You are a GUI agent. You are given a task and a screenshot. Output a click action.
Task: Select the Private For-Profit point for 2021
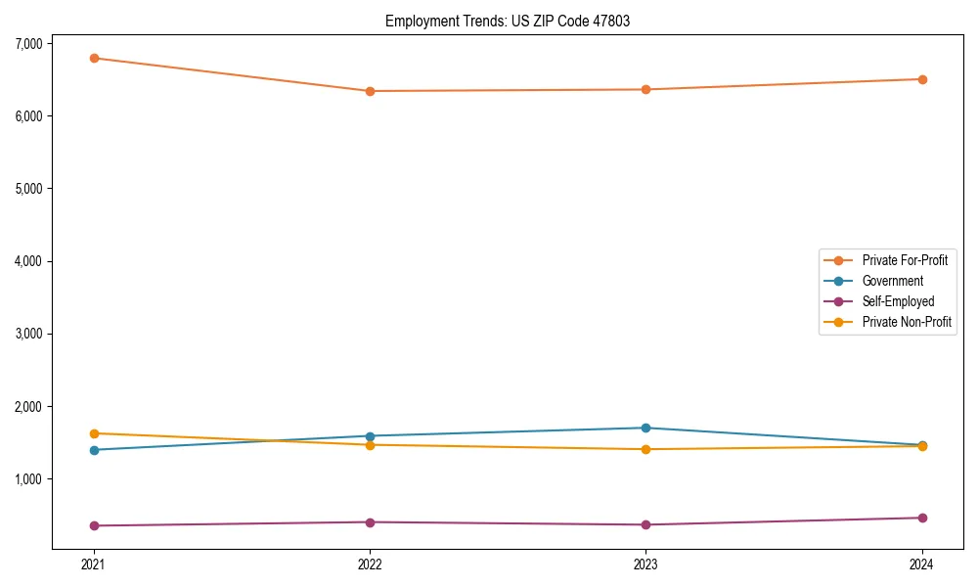tap(94, 58)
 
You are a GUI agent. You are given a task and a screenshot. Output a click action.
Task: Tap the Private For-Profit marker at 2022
tap(370, 91)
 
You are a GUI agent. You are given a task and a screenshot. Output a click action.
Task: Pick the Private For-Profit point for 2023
tap(645, 90)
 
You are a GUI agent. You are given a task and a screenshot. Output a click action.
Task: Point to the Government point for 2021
tap(94, 450)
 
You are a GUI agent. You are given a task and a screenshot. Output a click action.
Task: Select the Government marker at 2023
tap(645, 428)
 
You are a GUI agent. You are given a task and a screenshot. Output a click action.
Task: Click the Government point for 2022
tap(370, 436)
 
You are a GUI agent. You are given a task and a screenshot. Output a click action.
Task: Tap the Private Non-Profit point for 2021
tap(94, 433)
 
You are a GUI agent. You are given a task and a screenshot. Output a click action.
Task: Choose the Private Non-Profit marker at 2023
tap(645, 449)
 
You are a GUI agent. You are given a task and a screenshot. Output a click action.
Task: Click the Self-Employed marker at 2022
tap(370, 522)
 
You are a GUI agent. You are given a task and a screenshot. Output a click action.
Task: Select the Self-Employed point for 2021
tap(94, 525)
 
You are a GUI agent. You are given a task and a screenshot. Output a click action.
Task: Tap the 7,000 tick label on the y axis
tap(28, 44)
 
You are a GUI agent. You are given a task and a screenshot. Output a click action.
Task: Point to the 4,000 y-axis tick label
tap(28, 261)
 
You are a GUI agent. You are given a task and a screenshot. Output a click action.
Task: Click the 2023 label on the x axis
tap(645, 564)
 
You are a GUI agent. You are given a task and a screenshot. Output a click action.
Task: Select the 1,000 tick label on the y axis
tap(28, 479)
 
